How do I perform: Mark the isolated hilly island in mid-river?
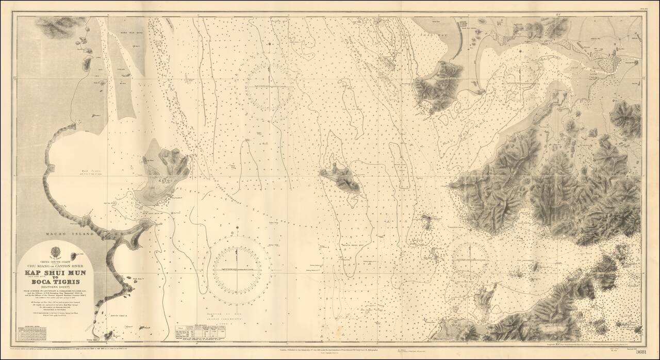[x=340, y=178]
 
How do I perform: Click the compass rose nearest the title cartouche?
[x=238, y=268]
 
